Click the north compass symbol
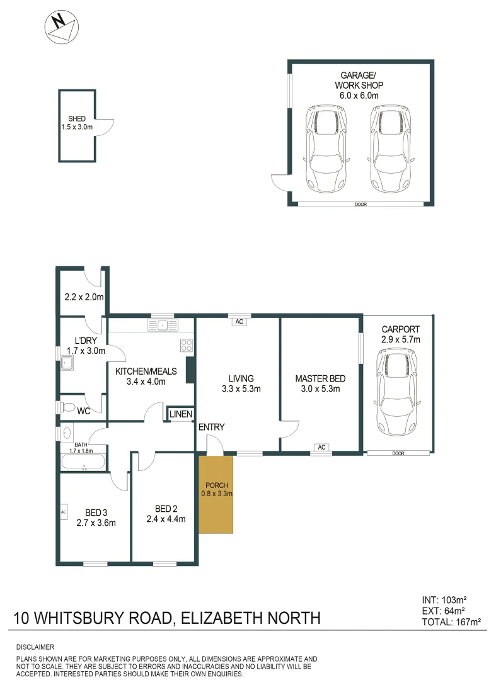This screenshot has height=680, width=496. pos(61,26)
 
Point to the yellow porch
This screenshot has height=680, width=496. pos(217,494)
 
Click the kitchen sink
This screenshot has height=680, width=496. pos(163,326)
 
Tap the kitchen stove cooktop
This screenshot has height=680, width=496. pos(187,344)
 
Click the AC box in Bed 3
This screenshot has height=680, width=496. pos(63,512)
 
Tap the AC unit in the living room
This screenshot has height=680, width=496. pos(239,322)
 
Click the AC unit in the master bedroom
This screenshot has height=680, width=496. pos(321,448)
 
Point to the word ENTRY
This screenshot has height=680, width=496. pos(212,428)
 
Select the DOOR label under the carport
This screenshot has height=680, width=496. pos(397,453)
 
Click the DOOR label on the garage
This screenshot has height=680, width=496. pos(360,204)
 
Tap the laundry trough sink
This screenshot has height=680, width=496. pos(67,363)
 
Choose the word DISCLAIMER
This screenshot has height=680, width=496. pos(35,647)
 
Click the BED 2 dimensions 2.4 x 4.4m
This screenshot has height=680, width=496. pos(166,519)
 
